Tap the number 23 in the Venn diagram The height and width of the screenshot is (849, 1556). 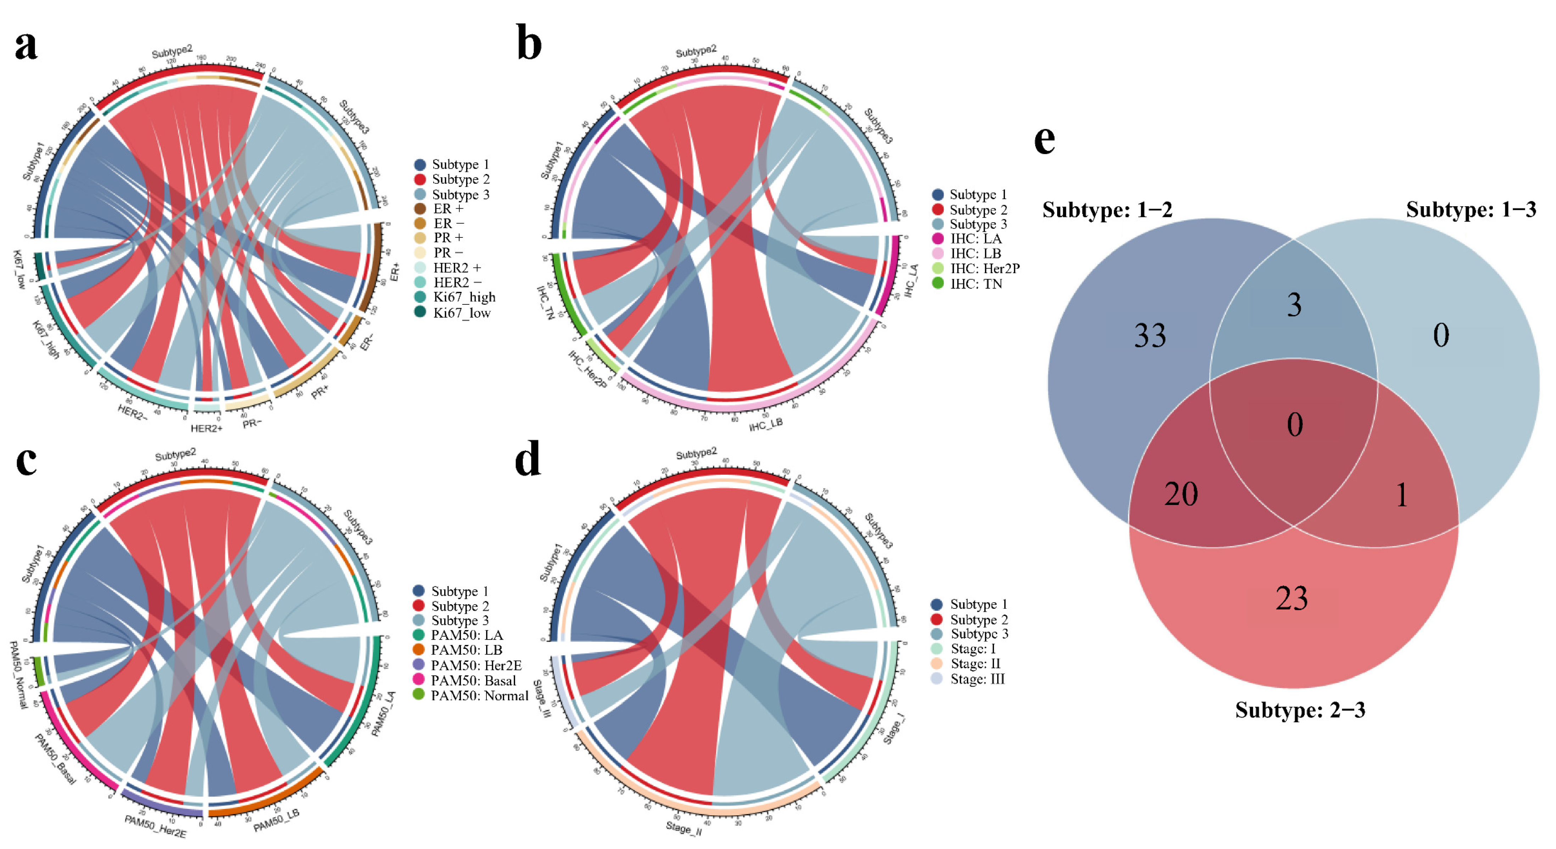pyautogui.click(x=1292, y=598)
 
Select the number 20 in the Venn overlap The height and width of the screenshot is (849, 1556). pyautogui.click(x=1181, y=494)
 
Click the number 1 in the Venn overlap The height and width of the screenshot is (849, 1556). pyautogui.click(x=1401, y=495)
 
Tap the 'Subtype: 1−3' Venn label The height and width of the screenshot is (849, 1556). pyautogui.click(x=1470, y=209)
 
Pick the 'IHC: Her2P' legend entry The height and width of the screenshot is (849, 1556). pyautogui.click(x=985, y=269)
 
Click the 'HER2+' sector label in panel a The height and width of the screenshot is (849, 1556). pyautogui.click(x=207, y=428)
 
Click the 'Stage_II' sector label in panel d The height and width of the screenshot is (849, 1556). pyautogui.click(x=684, y=828)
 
